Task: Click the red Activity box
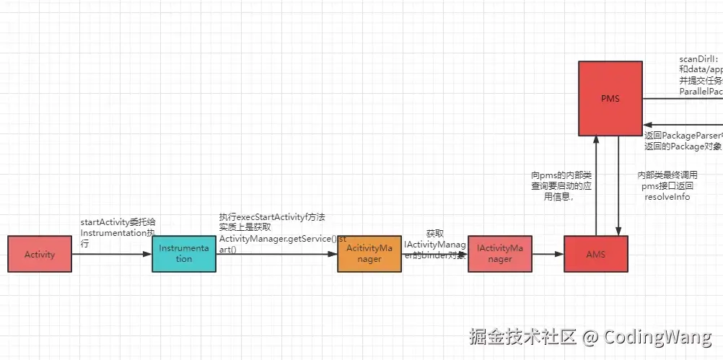[x=40, y=254]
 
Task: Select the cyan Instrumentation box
[x=184, y=253]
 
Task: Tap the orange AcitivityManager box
[x=369, y=253]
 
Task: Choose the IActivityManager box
[x=499, y=253]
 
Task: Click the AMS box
[x=595, y=254]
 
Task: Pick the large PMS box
[x=610, y=98]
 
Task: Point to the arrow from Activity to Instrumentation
[x=112, y=254]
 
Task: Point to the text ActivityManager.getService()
[x=278, y=239]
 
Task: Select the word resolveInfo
[x=667, y=197]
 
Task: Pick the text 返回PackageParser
[x=682, y=135]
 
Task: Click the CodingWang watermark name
[x=657, y=337]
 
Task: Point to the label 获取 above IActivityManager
[x=434, y=234]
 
